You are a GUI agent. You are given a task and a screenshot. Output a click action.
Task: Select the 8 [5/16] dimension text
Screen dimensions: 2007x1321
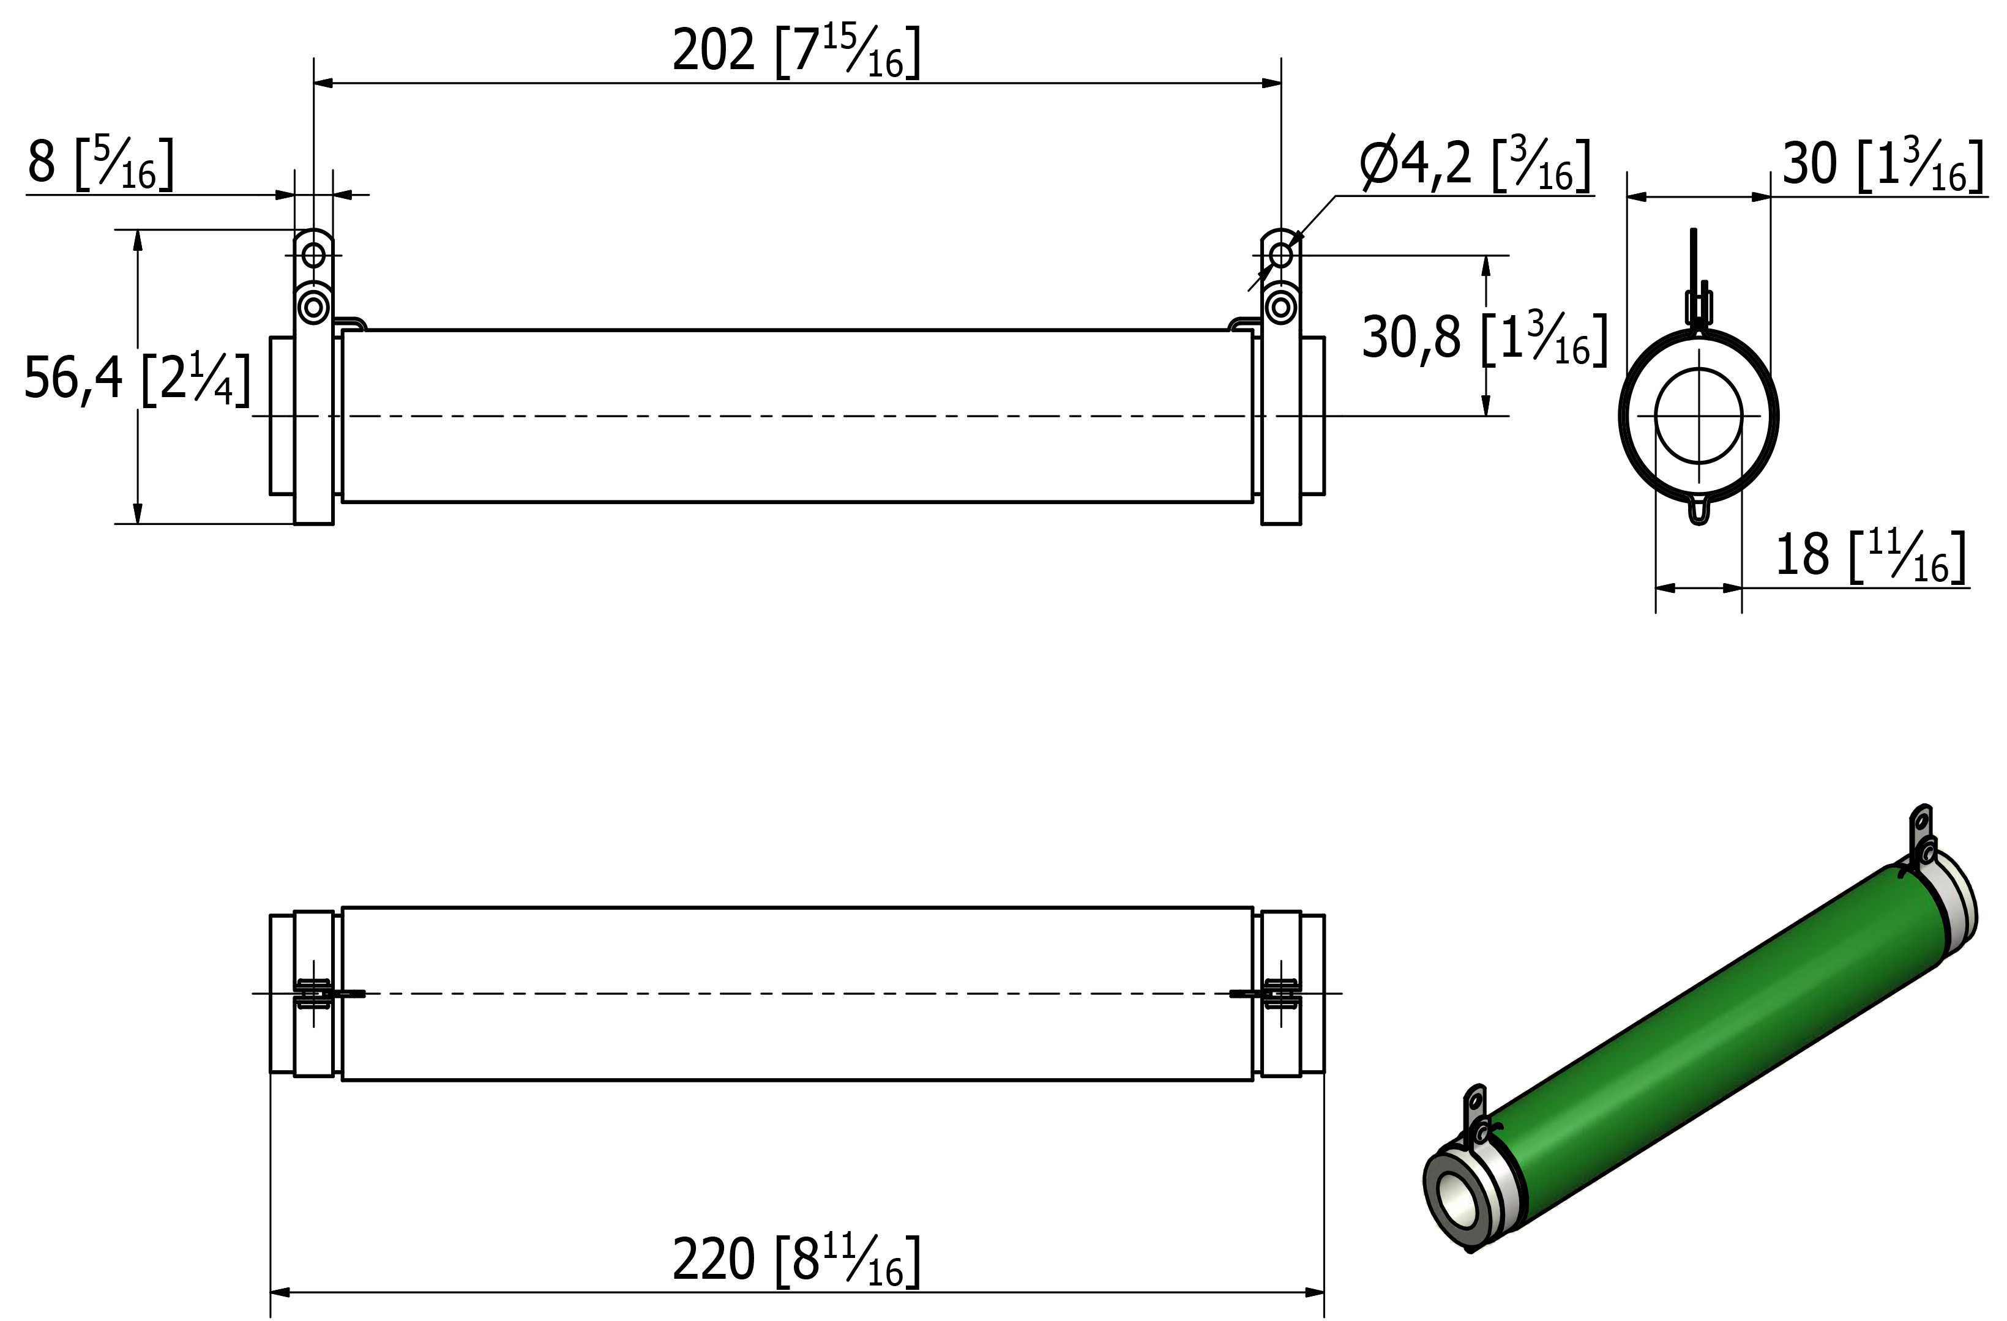point(100,163)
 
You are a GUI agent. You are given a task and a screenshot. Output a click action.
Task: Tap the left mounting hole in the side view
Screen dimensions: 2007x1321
point(314,254)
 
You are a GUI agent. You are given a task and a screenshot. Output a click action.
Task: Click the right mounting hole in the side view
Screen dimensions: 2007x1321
point(1281,254)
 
